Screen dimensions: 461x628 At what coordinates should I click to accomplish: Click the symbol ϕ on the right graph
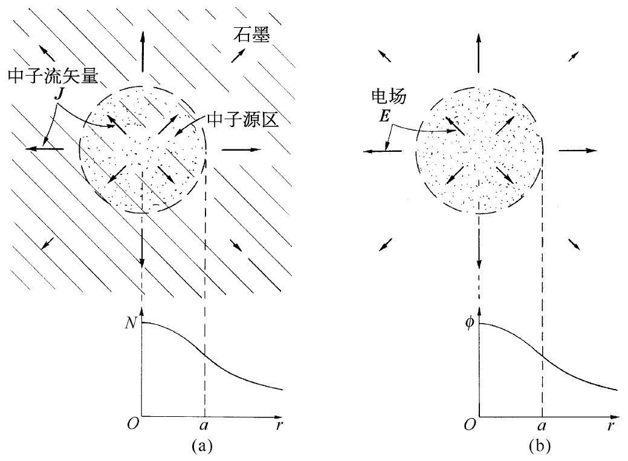click(468, 323)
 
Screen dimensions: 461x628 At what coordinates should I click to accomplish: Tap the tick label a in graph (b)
click(542, 427)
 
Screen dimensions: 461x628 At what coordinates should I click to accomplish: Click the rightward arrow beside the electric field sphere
click(577, 149)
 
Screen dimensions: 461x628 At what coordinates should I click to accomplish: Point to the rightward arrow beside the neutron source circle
click(241, 148)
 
